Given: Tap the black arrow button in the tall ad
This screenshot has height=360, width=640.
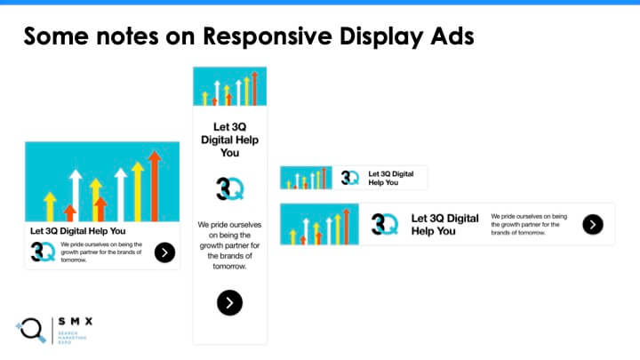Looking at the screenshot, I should pyautogui.click(x=229, y=302).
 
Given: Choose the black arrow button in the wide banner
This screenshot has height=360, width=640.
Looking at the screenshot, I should pyautogui.click(x=593, y=224).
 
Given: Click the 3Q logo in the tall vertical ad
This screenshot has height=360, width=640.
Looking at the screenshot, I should pyautogui.click(x=229, y=188).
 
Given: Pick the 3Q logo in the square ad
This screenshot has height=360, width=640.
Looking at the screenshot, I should pyautogui.click(x=43, y=252).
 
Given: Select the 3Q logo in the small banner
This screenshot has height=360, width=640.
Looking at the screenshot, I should pyautogui.click(x=350, y=178).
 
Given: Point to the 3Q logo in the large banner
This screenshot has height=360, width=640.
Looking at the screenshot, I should pyautogui.click(x=385, y=224).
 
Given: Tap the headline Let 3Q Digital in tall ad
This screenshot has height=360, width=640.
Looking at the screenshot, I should pyautogui.click(x=229, y=140).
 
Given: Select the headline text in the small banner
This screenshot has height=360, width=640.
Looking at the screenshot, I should pyautogui.click(x=391, y=178).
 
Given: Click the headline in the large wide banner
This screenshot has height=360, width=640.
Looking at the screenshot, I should pyautogui.click(x=445, y=224).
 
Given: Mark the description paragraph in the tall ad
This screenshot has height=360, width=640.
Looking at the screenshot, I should pyautogui.click(x=229, y=245).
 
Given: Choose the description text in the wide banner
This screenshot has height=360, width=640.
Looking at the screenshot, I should pyautogui.click(x=530, y=224).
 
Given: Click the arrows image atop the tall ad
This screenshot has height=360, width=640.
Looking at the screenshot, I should pyautogui.click(x=229, y=86).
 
